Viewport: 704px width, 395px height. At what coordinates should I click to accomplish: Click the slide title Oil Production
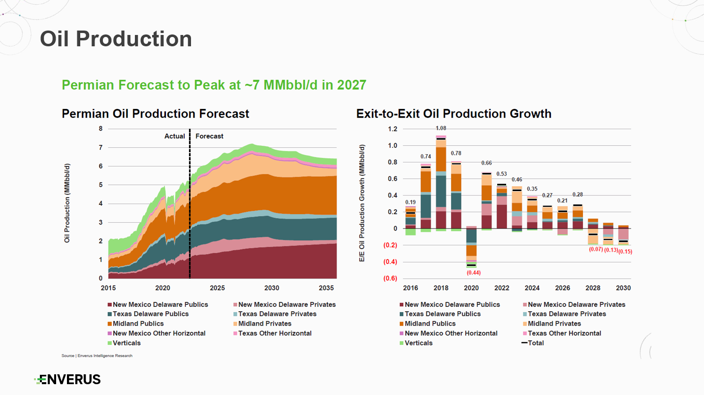116,39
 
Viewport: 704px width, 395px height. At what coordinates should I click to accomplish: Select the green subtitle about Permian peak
214,85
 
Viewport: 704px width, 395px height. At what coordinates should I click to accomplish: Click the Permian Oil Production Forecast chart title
156,114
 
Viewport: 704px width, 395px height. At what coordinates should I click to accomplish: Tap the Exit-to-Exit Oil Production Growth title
453,114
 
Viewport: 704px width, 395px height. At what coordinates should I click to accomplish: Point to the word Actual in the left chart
174,136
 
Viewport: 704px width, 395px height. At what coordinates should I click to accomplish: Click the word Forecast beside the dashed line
209,136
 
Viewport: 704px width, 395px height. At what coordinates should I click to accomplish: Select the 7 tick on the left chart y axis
100,148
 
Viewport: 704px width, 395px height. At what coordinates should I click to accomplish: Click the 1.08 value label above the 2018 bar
441,129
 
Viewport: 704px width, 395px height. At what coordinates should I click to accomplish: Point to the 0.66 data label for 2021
486,164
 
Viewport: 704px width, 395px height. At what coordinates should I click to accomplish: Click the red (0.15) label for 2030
625,252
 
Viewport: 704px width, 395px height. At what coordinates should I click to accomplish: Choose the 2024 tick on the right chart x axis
532,288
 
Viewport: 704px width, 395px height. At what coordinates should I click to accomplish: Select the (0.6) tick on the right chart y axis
390,279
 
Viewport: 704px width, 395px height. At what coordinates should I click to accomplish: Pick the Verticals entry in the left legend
127,343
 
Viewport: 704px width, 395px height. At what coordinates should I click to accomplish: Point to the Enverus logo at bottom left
67,379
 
